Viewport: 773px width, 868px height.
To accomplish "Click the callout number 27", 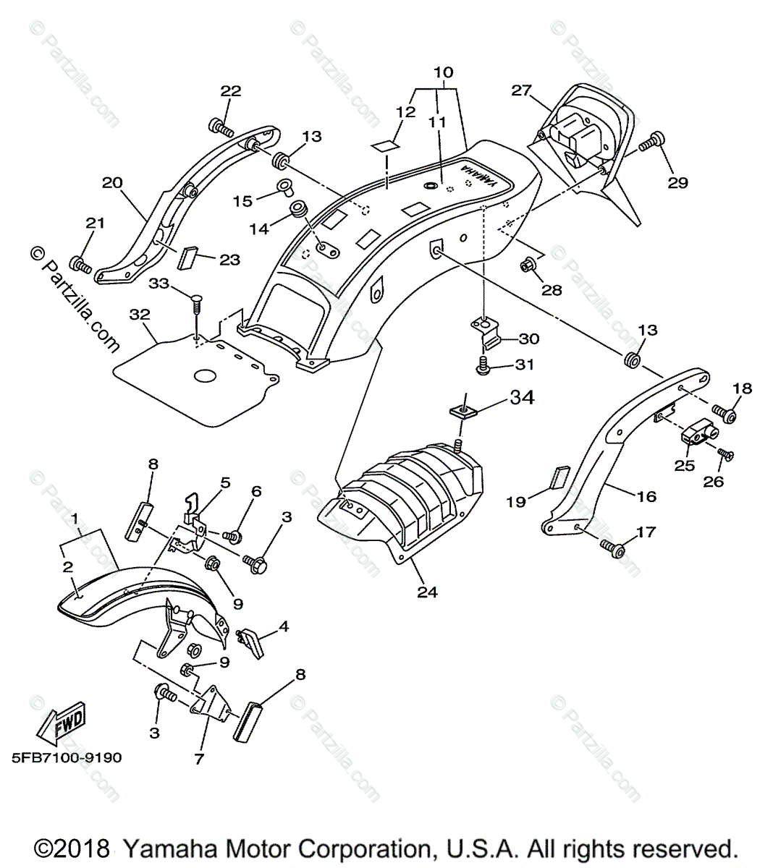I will click(x=522, y=90).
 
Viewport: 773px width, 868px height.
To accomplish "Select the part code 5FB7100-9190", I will click(x=66, y=758).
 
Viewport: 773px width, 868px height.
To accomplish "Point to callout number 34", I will click(x=522, y=397).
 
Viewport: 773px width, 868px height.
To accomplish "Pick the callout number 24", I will click(x=427, y=591).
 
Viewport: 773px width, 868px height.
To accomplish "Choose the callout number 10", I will click(x=444, y=72).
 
